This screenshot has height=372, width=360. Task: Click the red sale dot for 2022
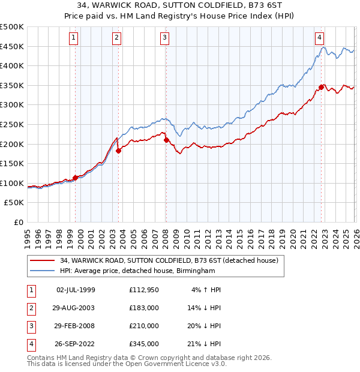321,87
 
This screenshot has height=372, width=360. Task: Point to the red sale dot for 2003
119,151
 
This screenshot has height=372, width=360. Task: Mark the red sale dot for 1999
75,178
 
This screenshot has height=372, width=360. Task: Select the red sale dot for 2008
166,140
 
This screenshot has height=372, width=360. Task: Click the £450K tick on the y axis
12,46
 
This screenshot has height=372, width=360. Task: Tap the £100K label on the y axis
12,183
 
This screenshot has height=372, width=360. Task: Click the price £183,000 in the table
143,308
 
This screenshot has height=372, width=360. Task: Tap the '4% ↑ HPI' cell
206,290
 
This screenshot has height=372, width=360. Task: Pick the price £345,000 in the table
143,344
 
